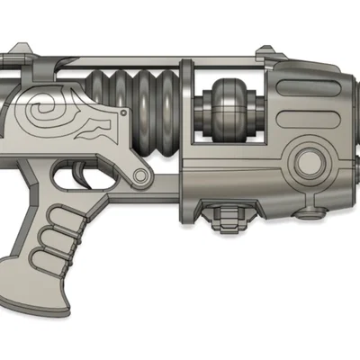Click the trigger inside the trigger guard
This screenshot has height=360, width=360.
click(x=85, y=170)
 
